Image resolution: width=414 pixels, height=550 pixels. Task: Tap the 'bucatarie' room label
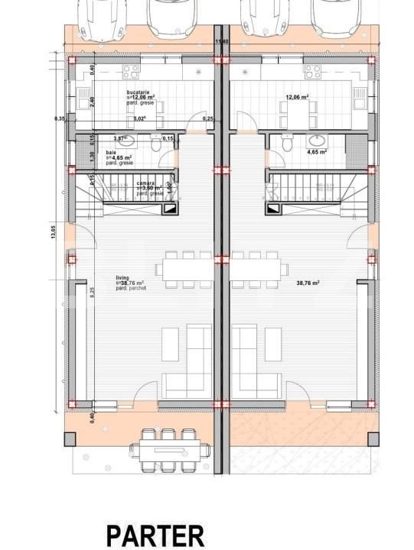[139, 92]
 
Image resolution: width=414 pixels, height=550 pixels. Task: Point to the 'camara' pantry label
[146, 183]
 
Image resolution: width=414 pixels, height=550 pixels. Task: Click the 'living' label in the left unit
[122, 278]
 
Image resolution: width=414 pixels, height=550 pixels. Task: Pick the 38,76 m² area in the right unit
[307, 283]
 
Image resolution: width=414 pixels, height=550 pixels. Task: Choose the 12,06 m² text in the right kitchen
[297, 98]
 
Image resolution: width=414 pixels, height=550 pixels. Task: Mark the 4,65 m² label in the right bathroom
[317, 152]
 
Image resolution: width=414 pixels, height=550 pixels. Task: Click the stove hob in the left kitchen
[130, 72]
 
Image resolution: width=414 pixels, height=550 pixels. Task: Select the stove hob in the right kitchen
[312, 72]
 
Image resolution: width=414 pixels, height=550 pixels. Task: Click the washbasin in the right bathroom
[316, 140]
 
